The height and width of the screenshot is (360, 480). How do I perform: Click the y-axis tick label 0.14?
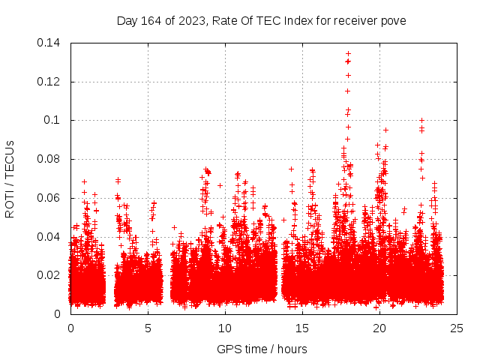[51, 43]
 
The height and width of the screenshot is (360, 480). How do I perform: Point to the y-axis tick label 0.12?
[51, 81]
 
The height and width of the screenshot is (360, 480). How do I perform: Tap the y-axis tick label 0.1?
[54, 120]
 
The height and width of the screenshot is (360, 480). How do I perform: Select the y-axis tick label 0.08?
[51, 159]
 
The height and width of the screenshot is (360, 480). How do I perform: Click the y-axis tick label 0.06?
[51, 198]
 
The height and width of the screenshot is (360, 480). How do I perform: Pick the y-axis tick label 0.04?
[51, 236]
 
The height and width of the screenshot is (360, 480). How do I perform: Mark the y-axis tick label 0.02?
[51, 275]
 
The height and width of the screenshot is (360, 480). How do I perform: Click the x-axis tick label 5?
[148, 328]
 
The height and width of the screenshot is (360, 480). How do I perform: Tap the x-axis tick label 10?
[225, 328]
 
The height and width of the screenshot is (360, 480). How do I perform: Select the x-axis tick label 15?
[302, 328]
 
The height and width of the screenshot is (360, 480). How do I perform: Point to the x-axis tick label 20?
[379, 328]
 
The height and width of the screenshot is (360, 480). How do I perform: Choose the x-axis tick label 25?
[457, 328]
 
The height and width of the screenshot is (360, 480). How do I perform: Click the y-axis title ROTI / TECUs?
[10, 178]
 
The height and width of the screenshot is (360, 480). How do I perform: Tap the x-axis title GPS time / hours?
[262, 349]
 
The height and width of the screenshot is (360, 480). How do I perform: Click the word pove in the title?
[394, 20]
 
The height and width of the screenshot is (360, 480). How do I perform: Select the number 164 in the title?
[153, 20]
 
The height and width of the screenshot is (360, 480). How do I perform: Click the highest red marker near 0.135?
[348, 54]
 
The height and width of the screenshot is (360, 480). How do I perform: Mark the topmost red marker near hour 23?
[422, 120]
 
